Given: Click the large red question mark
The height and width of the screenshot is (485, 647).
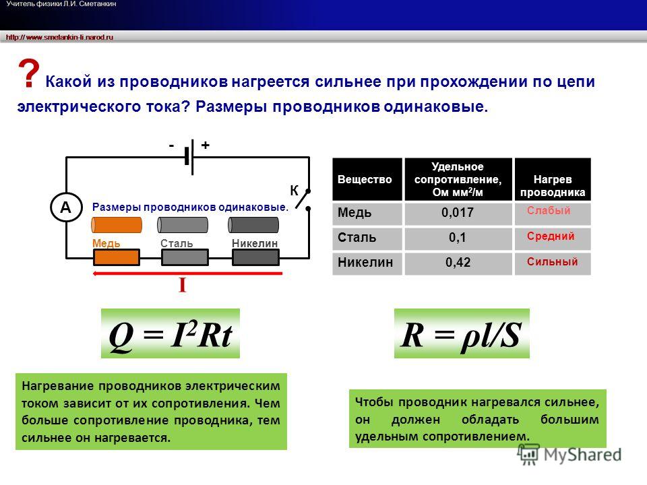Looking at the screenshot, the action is pos(28,73).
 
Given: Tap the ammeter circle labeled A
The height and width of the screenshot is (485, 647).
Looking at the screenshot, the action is pos(66,207).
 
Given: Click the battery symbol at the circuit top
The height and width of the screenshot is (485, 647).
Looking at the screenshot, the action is pos(189,157).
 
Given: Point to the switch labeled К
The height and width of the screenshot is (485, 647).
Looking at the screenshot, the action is pos(303,201).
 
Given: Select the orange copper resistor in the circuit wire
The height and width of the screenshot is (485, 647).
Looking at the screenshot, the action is pos(117,258).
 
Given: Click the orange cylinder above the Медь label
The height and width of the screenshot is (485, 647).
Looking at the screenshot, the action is pos(117,225).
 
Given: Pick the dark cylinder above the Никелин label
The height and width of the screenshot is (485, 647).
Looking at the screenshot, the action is pos(253,225).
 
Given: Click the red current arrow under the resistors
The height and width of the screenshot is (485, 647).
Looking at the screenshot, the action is pos(188,273).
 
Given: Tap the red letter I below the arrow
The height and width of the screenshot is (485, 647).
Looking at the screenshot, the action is pos(183,285).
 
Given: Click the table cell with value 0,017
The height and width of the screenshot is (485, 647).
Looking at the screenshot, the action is pos(458,213).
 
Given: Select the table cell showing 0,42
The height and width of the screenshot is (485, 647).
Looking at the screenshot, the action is pos(458,262).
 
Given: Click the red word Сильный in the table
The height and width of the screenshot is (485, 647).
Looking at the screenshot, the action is pos(552,261).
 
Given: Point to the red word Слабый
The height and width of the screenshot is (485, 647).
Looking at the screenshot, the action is pos(549,210).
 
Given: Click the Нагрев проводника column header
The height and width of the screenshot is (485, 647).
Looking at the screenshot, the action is pos(553,179).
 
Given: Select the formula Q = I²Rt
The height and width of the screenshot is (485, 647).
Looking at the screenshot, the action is pos(171,333).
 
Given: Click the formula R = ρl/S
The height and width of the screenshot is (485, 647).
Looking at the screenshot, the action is pos(462,333).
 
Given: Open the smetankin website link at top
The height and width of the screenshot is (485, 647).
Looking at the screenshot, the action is pos(59,37).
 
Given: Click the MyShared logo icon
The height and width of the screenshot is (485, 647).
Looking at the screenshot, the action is pos(528,455).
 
